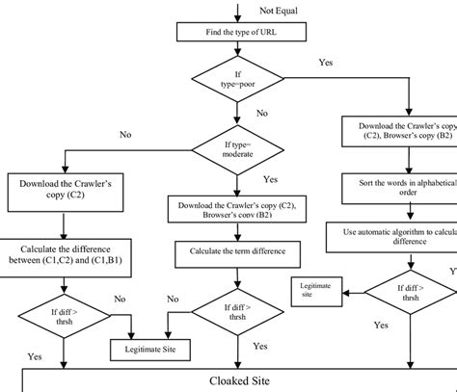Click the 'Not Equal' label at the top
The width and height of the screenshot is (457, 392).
[x=279, y=10]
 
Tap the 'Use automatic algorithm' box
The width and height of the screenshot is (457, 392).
[x=398, y=236]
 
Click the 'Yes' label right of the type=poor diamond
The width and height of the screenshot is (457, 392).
[x=327, y=63]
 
